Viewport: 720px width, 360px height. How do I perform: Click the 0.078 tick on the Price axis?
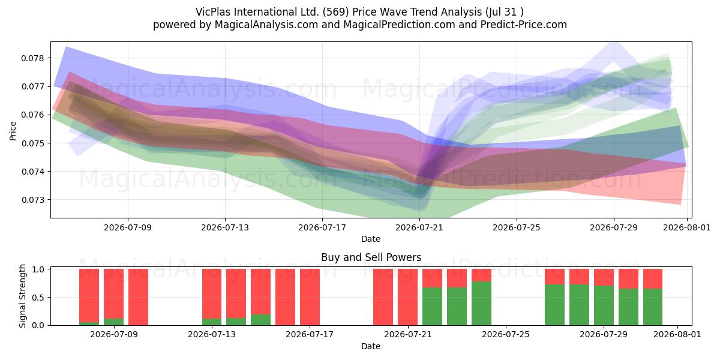[x=32, y=59]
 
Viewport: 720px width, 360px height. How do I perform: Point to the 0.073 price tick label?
[x=32, y=200]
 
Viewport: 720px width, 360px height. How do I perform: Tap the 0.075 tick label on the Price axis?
[x=32, y=143]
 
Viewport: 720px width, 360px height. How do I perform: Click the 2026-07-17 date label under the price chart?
[x=322, y=228]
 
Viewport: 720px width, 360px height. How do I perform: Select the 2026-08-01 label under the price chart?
[x=687, y=228]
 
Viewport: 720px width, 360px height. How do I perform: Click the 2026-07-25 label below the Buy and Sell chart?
[x=506, y=335]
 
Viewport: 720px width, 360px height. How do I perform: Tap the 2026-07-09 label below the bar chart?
[x=114, y=335]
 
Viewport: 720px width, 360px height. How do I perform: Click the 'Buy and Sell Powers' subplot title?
[x=371, y=257]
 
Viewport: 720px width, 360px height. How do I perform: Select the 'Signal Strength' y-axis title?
[x=22, y=296]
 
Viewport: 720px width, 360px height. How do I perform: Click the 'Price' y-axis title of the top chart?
[x=13, y=131]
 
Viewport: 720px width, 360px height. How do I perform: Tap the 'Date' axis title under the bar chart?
[x=371, y=346]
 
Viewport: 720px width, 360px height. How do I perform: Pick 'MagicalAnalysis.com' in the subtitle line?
[x=266, y=25]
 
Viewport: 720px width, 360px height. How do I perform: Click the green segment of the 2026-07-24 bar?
[x=481, y=304]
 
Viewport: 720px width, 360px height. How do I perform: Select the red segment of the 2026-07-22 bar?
[x=433, y=278]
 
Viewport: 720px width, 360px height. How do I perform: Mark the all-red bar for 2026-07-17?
[x=310, y=297]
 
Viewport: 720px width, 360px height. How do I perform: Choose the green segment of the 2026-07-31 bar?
[x=653, y=307]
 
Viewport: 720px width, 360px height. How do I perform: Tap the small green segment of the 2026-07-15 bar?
[x=260, y=320]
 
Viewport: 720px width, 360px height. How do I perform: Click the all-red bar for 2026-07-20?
[x=383, y=297]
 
